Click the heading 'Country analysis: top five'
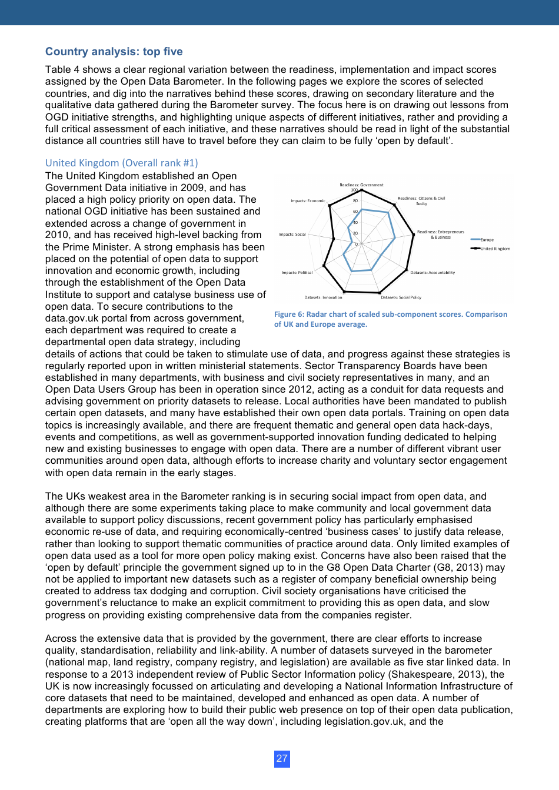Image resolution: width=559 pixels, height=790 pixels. coord(114,52)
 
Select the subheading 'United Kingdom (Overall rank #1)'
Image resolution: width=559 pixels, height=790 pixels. coord(121,163)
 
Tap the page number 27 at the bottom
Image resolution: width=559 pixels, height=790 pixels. coord(282,758)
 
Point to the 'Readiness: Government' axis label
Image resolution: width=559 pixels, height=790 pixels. coord(361,185)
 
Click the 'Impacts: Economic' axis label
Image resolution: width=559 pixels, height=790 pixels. coord(308,201)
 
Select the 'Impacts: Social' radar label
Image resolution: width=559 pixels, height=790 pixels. coord(292,235)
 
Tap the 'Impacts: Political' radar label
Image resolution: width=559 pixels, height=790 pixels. coord(297,273)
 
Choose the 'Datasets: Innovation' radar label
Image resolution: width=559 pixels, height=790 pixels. coord(323,297)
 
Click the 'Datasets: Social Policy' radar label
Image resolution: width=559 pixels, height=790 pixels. coord(401,297)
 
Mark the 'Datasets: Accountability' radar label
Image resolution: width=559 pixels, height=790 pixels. coord(432,273)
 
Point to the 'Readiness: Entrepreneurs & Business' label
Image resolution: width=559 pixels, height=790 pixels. coord(440,235)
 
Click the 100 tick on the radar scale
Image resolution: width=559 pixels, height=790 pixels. coord(354,190)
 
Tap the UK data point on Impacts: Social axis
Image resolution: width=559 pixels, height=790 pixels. coord(334,239)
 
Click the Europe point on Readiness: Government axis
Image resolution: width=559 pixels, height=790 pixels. coord(361,209)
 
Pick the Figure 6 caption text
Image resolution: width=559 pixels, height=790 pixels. coord(390,319)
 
